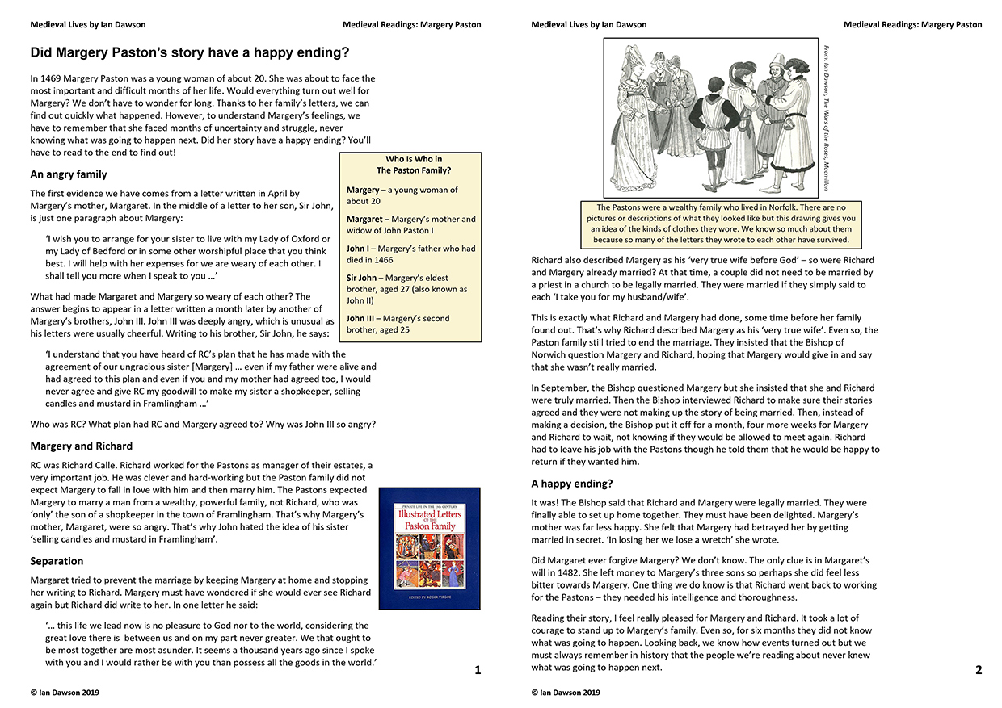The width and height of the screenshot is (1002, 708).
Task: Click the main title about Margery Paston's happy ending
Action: pyautogui.click(x=190, y=53)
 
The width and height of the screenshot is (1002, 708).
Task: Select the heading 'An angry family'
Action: pyautogui.click(x=69, y=174)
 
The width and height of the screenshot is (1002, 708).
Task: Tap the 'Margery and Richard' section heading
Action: pyautogui.click(x=82, y=446)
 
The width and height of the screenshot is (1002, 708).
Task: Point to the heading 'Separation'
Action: pyautogui.click(x=57, y=561)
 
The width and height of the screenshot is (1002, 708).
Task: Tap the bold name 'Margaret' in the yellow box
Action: pyautogui.click(x=364, y=219)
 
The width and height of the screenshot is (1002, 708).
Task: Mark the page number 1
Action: pyautogui.click(x=478, y=669)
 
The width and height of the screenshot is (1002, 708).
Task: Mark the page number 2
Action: pyautogui.click(x=979, y=669)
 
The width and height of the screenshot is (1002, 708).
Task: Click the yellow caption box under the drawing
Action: pyautogui.click(x=721, y=224)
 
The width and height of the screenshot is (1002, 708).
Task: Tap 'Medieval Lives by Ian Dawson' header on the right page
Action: pyautogui.click(x=588, y=25)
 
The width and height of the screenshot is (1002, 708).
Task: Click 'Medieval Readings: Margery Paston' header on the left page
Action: pyautogui.click(x=411, y=25)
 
